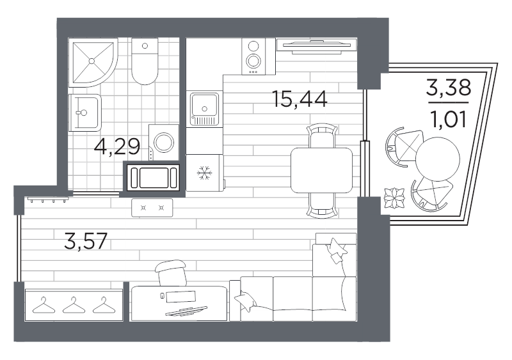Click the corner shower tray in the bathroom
tap(93, 62)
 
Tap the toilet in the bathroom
tap(145, 61)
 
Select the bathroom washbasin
tap(84, 113)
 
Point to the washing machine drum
tap(164, 143)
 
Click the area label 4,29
tap(117, 146)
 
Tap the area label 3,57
tap(86, 241)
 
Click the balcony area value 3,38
tap(449, 88)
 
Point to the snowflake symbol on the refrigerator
tap(205, 173)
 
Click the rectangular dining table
tap(321, 170)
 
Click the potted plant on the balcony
tap(394, 198)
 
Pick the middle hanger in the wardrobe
tap(74, 306)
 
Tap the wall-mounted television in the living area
tap(316, 46)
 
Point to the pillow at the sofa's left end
tap(246, 301)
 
